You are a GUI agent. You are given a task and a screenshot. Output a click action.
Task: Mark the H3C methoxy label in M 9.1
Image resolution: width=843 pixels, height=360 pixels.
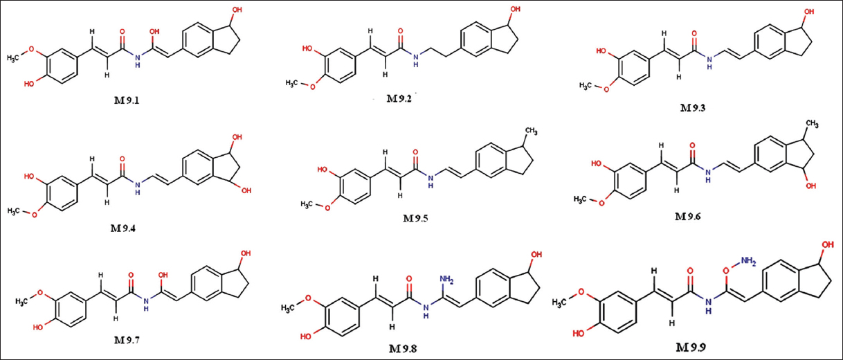15,58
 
